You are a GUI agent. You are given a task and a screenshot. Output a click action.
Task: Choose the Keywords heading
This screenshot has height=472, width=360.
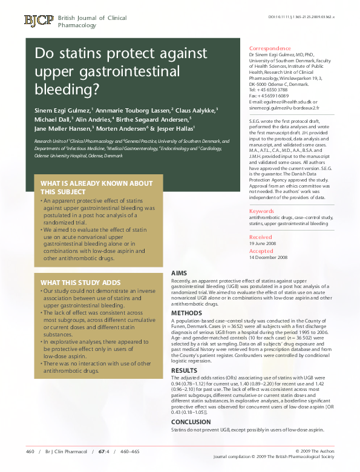pos(261,211)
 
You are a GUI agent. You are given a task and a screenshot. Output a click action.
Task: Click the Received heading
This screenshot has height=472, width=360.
pos(261,237)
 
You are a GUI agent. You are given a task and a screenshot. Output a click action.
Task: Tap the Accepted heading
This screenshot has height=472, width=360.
pos(261,251)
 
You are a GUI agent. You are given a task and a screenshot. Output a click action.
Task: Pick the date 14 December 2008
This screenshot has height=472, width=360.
pos(269,257)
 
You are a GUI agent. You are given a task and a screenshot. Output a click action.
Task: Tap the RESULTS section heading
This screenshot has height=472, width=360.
pos(185,370)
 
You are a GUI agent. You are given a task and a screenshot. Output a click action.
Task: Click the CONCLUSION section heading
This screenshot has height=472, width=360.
pos(191,422)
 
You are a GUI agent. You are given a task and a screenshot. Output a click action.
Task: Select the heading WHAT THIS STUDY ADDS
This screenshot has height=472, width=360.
pos(80,283)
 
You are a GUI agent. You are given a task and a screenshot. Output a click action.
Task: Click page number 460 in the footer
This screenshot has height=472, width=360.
pos(30,452)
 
